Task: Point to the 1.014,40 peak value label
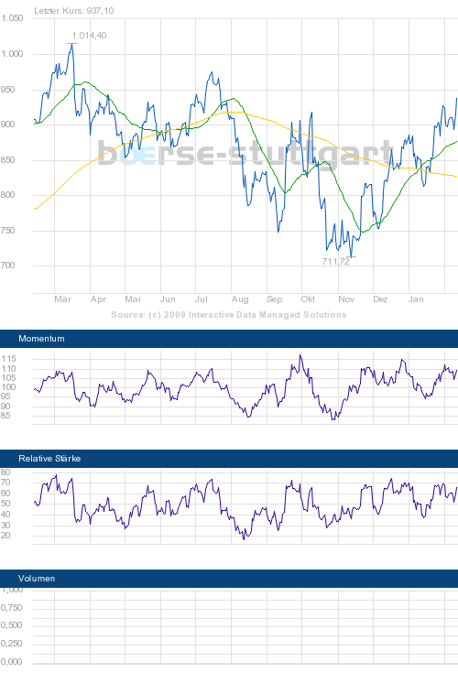89,35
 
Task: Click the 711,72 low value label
335,262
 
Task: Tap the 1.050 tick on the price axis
12,18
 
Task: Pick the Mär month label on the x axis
63,299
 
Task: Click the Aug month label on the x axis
240,299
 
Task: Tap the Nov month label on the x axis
346,299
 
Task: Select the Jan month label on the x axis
416,299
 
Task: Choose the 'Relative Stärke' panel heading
49,457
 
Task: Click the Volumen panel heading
37,579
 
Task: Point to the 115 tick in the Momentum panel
9,358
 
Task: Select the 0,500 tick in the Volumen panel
12,625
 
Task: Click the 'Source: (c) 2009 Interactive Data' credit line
229,314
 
